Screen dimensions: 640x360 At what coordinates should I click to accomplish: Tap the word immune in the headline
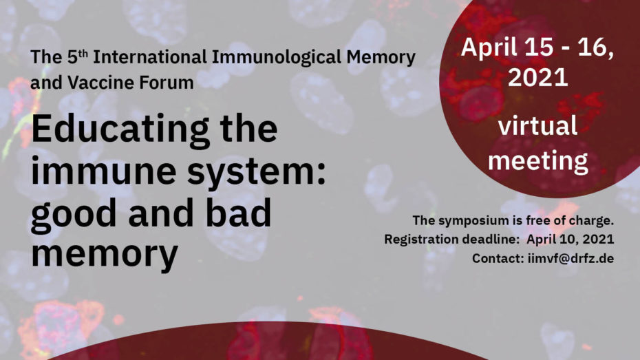[x=104, y=171]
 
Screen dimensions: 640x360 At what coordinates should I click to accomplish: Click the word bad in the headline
[x=238, y=212]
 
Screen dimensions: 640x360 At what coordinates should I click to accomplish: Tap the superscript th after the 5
[x=83, y=53]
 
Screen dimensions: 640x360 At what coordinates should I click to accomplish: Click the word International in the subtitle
[x=150, y=57]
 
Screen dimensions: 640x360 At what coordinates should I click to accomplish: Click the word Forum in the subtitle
[x=166, y=83]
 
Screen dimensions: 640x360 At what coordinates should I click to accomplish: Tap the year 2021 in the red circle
[x=537, y=77]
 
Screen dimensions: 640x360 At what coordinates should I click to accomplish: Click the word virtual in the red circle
[x=537, y=126]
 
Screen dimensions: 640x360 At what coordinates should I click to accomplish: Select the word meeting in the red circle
[x=538, y=160]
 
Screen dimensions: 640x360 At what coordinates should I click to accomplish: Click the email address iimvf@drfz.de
[x=570, y=258]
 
